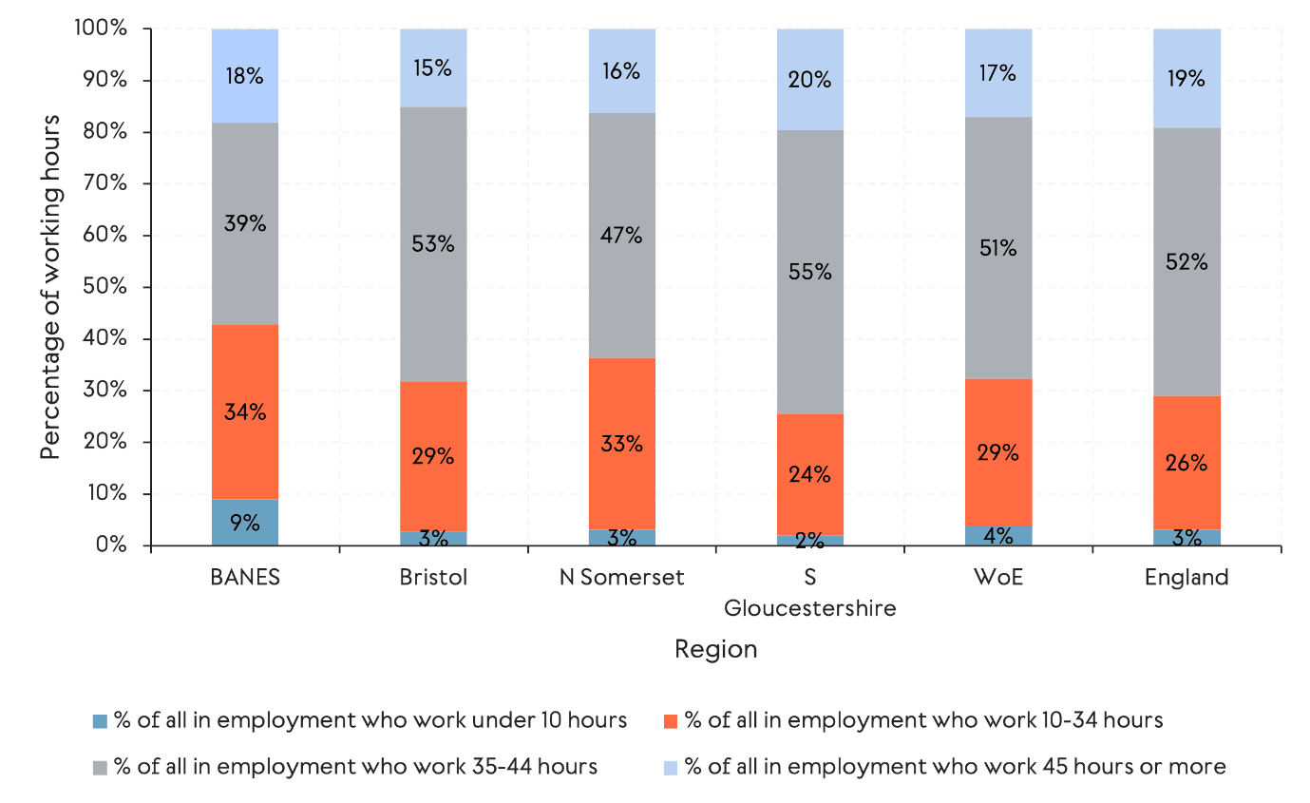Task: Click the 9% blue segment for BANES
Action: coord(245,522)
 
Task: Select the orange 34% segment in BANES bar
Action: coord(245,411)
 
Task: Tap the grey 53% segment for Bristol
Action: coord(433,244)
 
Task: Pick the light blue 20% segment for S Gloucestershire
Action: coord(810,80)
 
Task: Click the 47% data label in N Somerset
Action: coord(621,236)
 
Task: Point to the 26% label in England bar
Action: coord(1187,464)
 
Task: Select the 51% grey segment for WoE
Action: coord(998,249)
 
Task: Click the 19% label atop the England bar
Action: coord(1187,79)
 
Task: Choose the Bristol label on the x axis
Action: coord(433,578)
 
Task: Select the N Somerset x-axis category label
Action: coord(621,578)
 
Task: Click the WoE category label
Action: coord(998,578)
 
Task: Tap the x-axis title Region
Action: coord(715,649)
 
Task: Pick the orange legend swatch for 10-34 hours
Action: coord(670,721)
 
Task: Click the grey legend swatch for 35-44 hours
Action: coord(100,767)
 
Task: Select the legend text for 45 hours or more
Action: coord(955,766)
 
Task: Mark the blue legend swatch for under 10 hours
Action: coord(100,721)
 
